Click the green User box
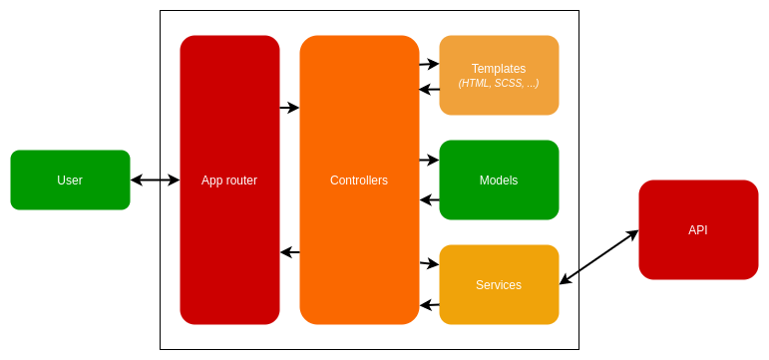coord(70,180)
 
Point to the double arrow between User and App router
coord(155,180)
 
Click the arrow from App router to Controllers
coord(289,108)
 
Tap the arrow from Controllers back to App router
coord(289,252)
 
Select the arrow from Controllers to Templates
coord(429,64)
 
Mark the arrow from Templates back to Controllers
coord(429,90)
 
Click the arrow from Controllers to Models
coord(429,160)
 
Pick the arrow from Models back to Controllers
coord(429,199)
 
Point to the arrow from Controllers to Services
coord(429,263)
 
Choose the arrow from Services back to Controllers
coord(429,304)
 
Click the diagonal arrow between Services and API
coord(598,257)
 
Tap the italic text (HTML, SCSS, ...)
coord(499,84)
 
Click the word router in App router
coord(241,180)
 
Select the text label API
coord(698,230)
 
